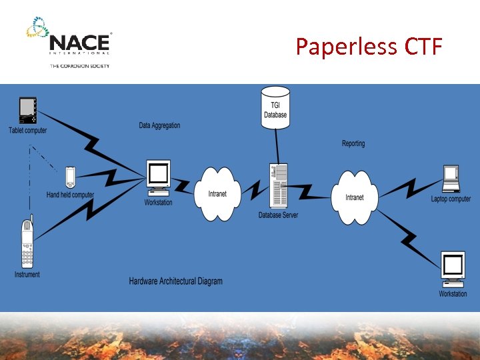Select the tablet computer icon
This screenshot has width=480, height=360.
point(28,110)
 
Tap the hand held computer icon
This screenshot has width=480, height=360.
point(70,178)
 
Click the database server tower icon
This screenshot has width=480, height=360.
point(278,185)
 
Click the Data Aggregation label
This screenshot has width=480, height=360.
point(159,125)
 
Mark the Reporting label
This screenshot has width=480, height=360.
point(353,143)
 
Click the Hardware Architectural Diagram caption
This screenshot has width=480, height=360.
point(175,281)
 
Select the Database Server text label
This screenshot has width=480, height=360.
point(278,215)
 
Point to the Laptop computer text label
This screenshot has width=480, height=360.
point(451,199)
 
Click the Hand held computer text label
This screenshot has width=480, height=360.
point(70,195)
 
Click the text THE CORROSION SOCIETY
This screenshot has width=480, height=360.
point(79,66)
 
